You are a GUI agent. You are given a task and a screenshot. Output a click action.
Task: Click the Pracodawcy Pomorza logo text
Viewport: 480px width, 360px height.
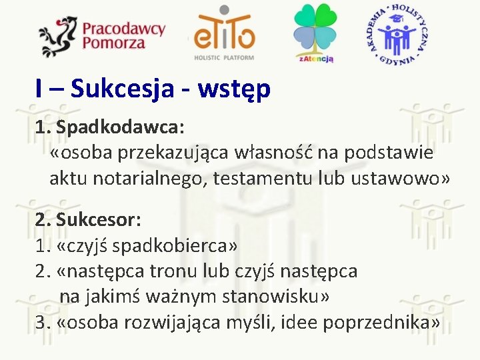point(123,35)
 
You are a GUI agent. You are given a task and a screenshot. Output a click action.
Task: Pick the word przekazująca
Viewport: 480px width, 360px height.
point(175,153)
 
